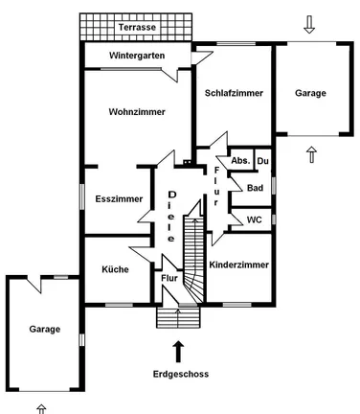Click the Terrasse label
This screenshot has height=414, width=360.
click(137, 27)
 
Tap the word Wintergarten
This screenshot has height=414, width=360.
click(137, 56)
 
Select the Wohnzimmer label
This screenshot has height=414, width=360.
click(137, 112)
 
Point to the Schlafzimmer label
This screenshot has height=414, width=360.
click(234, 93)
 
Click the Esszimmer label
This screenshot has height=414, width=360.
click(119, 199)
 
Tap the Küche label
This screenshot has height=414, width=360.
click(115, 269)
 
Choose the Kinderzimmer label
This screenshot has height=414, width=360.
click(239, 264)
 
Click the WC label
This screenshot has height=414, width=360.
click(254, 219)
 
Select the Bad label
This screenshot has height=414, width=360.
click(255, 188)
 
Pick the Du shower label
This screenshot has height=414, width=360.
click(262, 161)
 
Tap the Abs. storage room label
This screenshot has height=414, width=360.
click(240, 161)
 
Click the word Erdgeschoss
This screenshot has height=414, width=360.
click(181, 374)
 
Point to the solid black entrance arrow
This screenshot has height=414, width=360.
click(178, 352)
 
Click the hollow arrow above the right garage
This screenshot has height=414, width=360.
click(309, 25)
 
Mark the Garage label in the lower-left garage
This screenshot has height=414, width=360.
click(45, 329)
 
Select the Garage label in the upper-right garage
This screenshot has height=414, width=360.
click(310, 93)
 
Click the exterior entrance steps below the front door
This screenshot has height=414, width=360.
click(178, 317)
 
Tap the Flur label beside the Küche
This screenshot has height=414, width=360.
click(169, 278)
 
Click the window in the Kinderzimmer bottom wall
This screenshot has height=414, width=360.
click(236, 305)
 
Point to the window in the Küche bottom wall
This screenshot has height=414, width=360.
click(119, 305)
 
